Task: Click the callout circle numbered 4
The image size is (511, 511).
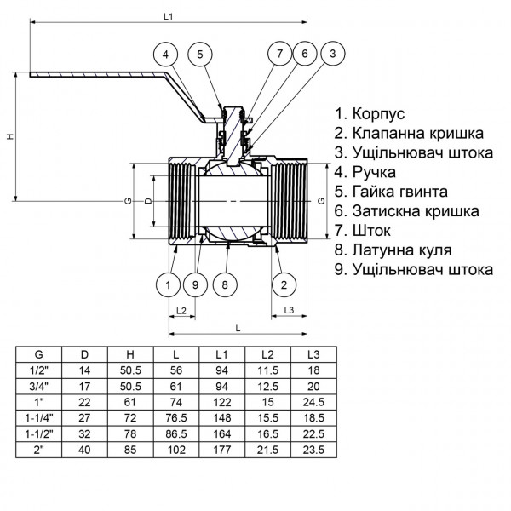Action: [168, 55]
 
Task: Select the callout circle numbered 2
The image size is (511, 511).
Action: [284, 284]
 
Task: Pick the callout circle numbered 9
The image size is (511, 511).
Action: [196, 284]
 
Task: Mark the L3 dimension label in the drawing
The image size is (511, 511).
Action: [289, 310]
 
